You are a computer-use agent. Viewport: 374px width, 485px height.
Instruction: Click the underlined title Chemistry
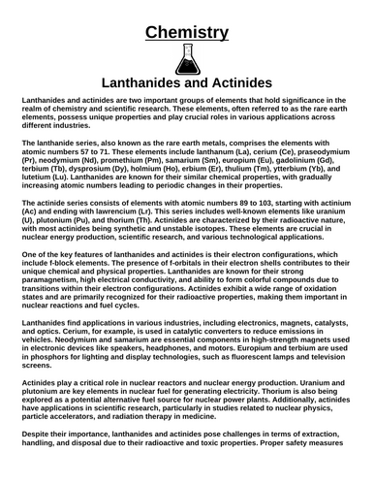point(187,34)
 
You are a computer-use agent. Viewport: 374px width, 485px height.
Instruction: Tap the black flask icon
point(187,62)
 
